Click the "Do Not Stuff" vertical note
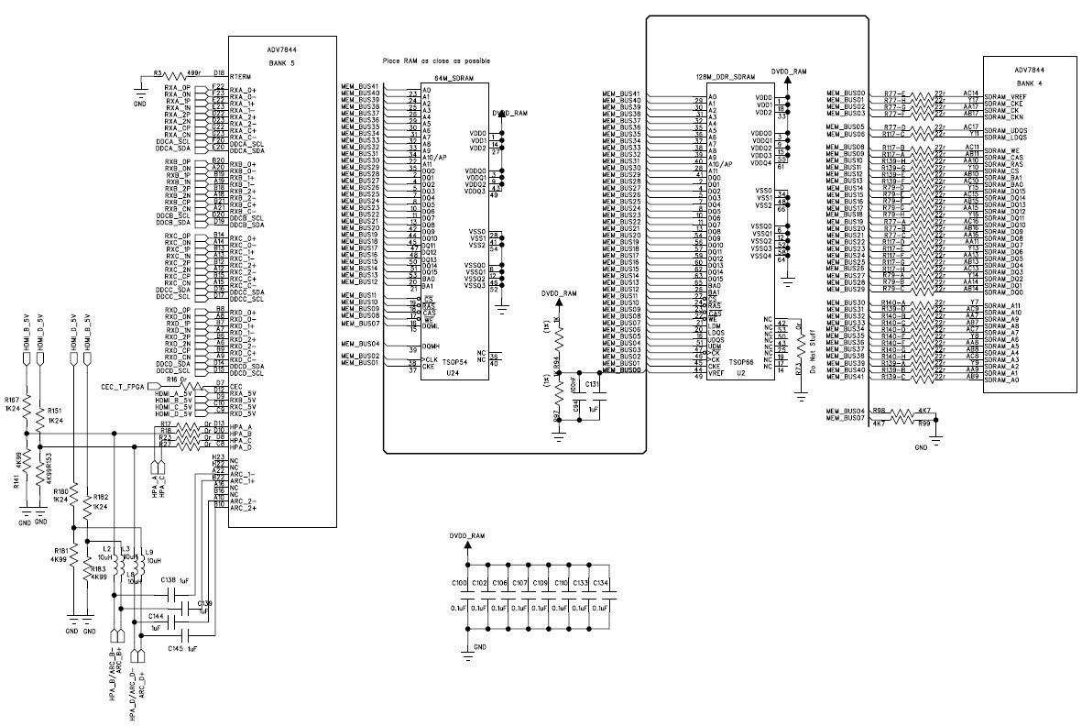point(813,346)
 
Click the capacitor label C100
point(458,583)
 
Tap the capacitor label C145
point(176,648)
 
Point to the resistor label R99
point(926,424)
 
